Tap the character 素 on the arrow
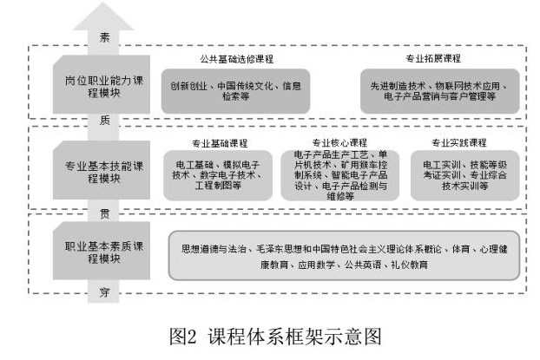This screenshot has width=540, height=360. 104,39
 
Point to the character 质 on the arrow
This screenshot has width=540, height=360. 104,121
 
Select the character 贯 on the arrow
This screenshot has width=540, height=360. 104,211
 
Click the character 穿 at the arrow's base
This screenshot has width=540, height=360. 104,294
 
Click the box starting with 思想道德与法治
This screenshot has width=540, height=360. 344,255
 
